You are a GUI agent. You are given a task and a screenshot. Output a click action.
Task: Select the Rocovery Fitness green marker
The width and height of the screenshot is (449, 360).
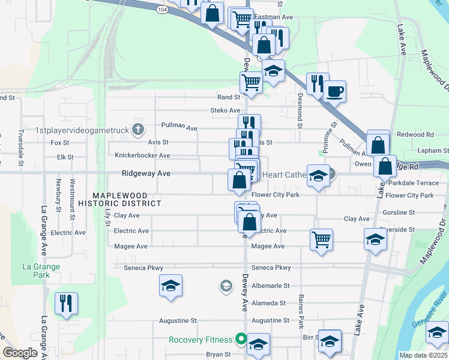pos(241,339)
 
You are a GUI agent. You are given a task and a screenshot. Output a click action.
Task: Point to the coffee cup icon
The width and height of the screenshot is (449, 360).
pos(334,92)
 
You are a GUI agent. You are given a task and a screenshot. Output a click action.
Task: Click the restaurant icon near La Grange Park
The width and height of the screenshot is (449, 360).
pos(66,303)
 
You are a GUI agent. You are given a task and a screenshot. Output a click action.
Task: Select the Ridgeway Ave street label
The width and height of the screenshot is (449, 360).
pos(146,173)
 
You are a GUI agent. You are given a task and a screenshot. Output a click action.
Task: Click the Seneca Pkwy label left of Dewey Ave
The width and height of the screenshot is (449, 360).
pos(143,268)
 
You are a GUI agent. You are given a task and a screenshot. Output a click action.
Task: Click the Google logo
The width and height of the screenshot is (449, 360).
pos(20,352)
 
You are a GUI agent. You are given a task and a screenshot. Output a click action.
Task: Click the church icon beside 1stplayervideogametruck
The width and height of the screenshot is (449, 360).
pos(138,129)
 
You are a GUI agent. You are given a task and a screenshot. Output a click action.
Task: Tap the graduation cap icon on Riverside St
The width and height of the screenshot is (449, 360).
pos(375,239)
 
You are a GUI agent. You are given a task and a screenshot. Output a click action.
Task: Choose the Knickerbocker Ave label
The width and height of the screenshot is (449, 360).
pos(142,155)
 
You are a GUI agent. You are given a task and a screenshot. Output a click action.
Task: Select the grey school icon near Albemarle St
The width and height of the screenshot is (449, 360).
pos(226,285)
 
